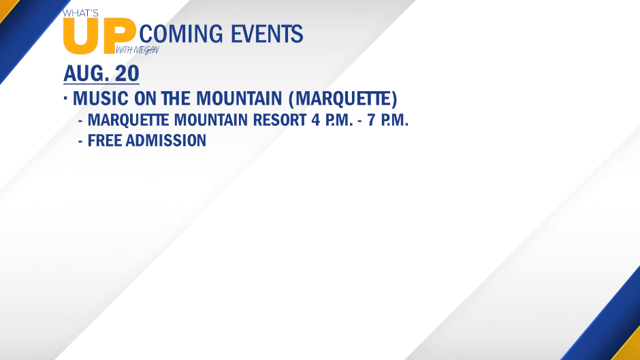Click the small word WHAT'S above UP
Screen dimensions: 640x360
[80, 13]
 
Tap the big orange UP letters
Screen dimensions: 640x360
[99, 36]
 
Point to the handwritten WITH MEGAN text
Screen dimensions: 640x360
[138, 50]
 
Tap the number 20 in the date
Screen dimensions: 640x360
[127, 73]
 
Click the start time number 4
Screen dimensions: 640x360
[315, 120]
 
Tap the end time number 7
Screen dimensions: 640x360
[371, 120]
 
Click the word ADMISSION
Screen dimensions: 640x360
[166, 140]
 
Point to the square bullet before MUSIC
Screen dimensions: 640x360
[65, 97]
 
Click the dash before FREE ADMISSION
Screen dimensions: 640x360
[80, 142]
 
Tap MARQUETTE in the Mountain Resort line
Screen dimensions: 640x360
[128, 120]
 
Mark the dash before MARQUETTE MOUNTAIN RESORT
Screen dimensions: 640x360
[80, 121]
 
